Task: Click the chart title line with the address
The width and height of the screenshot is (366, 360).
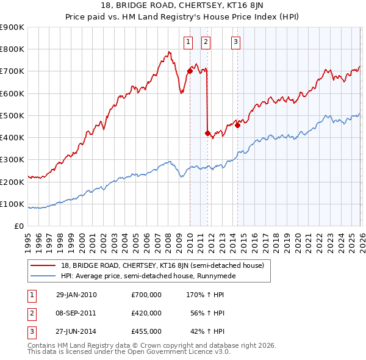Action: [x=182, y=6]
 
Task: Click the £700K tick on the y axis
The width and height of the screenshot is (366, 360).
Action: [x=12, y=71]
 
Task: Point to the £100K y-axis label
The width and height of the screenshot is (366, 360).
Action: [x=12, y=204]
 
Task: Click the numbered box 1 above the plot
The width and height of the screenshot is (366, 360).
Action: [x=188, y=42]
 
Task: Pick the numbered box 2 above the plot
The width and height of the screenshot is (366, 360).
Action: [x=206, y=42]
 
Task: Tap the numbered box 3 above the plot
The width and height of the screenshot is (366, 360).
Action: [x=235, y=42]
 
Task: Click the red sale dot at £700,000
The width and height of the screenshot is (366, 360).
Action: [x=190, y=71]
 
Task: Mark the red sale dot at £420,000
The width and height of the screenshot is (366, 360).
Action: [x=207, y=133]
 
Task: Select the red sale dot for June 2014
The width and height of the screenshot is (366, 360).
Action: [x=237, y=126]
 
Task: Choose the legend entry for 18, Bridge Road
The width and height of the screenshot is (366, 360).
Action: [x=162, y=265]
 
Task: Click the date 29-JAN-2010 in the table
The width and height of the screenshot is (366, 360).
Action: [x=76, y=295]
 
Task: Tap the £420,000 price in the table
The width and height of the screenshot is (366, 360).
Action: [x=146, y=313]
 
